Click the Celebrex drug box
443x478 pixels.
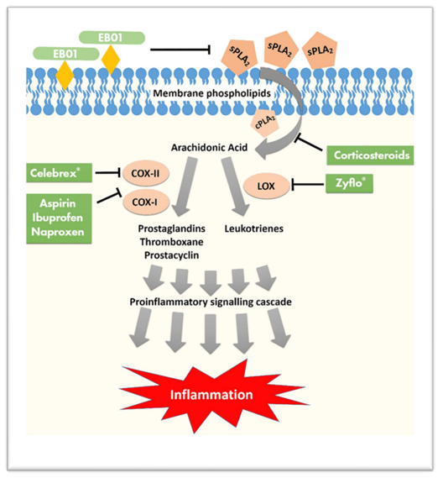point(59,173)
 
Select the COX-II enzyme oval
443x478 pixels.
point(145,173)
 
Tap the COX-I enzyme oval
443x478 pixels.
point(145,202)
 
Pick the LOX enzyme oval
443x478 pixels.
point(267,186)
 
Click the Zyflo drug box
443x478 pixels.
point(349,183)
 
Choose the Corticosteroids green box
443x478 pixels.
point(370,155)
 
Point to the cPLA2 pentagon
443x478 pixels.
point(265,122)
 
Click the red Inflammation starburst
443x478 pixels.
point(213,395)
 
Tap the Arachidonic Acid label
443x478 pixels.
point(209,148)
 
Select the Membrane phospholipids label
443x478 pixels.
point(212,93)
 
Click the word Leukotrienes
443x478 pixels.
point(254,228)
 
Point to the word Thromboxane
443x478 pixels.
point(172,242)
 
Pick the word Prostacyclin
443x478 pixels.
point(172,255)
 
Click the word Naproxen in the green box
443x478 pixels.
point(58,232)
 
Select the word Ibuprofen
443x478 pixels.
point(58,218)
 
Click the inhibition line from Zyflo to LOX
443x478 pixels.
point(308,185)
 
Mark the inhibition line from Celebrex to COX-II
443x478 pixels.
point(107,173)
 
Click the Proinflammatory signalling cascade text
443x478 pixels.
point(211,302)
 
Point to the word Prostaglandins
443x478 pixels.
point(172,228)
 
